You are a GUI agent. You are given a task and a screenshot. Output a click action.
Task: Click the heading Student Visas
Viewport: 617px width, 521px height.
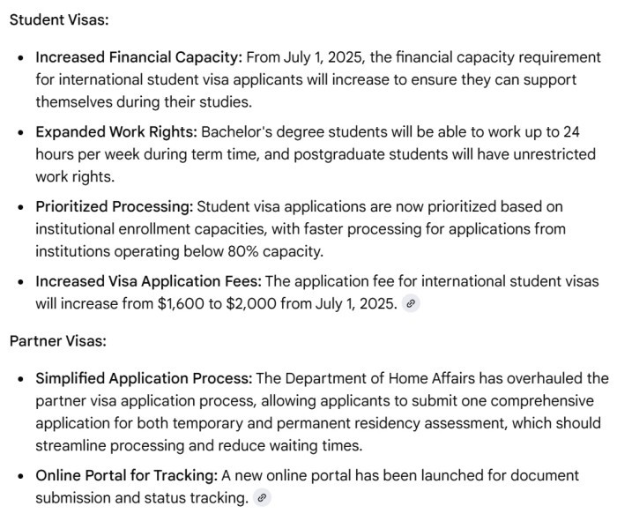point(59,19)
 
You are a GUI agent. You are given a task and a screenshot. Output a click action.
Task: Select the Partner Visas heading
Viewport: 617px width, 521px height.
point(57,340)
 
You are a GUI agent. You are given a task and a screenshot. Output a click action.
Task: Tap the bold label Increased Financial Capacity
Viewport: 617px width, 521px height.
point(138,57)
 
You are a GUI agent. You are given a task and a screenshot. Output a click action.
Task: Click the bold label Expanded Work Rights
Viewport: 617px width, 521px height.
point(116,132)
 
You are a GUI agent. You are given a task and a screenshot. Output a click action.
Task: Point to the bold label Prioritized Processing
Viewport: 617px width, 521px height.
point(114,207)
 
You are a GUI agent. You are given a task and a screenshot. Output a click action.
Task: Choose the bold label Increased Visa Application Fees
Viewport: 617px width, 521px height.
point(148,282)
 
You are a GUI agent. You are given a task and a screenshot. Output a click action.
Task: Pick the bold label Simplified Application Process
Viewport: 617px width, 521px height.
point(145,378)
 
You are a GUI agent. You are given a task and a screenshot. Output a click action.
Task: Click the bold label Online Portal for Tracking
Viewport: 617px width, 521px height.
point(126,476)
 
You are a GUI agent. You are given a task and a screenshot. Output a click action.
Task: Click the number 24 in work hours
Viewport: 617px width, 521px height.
point(571,132)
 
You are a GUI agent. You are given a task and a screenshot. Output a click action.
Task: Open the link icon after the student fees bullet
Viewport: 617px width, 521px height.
point(411,304)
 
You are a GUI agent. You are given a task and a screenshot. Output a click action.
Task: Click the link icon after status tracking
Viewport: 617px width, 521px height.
point(261,498)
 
